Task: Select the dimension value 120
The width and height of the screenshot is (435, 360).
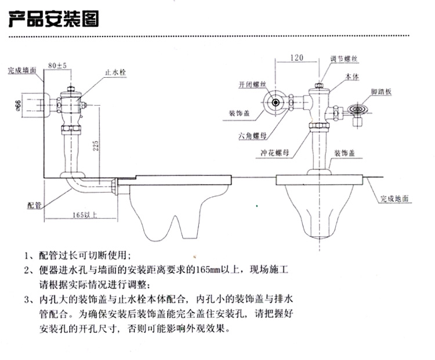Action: (297, 59)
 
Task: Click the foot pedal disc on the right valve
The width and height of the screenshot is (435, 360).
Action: (358, 108)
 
